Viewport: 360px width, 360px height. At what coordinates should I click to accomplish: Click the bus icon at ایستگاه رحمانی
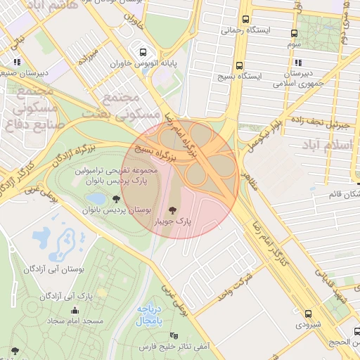point(245,20)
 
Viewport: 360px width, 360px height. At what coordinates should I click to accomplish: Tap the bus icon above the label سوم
point(294,33)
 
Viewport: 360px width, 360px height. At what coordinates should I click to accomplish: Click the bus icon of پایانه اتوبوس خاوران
point(143,52)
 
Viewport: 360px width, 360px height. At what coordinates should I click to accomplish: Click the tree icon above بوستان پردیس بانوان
point(116,200)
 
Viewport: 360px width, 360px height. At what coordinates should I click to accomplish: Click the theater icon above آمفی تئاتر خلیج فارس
point(174,335)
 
